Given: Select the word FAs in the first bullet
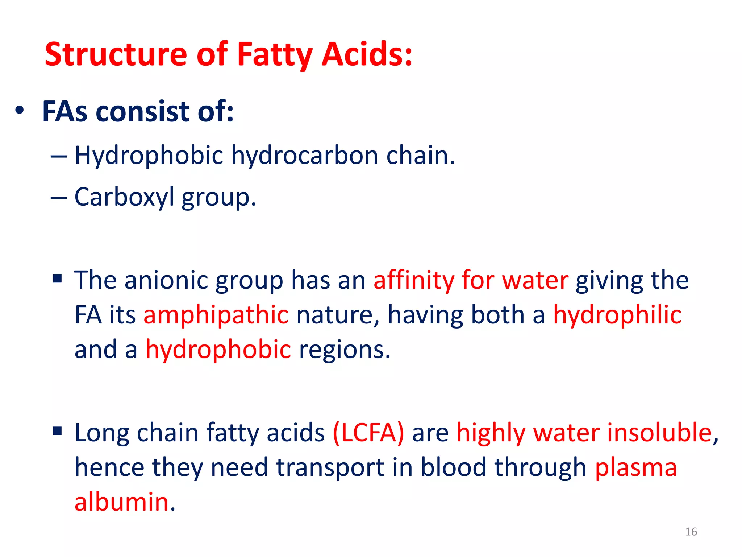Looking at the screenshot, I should click(65, 111).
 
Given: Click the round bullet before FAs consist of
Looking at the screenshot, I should click(20, 110).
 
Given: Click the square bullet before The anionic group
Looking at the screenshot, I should click(57, 278).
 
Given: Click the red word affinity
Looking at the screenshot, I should click(413, 280).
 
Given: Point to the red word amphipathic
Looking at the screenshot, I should click(216, 315).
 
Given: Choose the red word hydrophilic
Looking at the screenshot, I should click(617, 315).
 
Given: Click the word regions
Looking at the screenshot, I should click(345, 350).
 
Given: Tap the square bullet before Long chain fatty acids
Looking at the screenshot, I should click(57, 431).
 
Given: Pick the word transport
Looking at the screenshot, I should click(330, 467).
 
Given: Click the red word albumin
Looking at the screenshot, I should click(122, 502).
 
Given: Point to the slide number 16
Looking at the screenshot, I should click(691, 532).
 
